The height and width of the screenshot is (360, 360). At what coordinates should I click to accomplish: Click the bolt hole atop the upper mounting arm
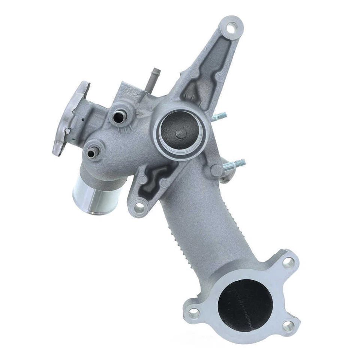click(x=232, y=27)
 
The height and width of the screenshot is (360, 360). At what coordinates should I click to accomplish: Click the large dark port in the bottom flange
click(x=245, y=305)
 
